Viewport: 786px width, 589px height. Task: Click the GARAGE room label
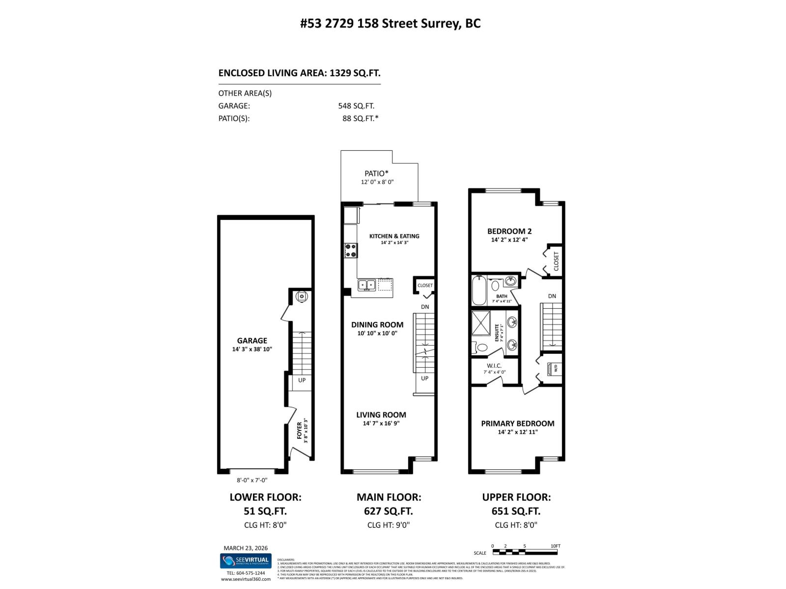(x=252, y=341)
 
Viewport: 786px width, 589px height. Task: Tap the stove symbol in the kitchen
(x=351, y=250)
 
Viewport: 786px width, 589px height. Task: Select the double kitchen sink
(x=366, y=284)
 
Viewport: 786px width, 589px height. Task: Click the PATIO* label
(x=376, y=173)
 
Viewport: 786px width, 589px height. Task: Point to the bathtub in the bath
(x=478, y=291)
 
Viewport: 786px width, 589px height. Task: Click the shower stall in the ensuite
(x=481, y=322)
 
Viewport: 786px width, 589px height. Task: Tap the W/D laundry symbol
(x=554, y=368)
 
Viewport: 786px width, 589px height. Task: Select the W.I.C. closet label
(x=494, y=366)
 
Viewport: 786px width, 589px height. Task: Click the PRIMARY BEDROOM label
(x=517, y=424)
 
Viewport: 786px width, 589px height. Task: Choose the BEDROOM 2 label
(x=509, y=231)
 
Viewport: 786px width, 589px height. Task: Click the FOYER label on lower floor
(x=300, y=430)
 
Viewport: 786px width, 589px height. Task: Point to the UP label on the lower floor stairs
(x=302, y=380)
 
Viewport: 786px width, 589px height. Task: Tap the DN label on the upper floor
(x=552, y=296)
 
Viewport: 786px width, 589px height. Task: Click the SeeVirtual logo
(x=245, y=560)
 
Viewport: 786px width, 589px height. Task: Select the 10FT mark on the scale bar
(x=555, y=546)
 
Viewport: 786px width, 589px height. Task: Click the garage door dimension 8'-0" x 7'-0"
(x=252, y=481)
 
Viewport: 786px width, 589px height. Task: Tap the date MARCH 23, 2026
(x=245, y=548)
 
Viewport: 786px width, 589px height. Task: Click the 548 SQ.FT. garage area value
(x=356, y=106)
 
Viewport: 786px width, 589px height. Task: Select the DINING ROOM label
(x=377, y=324)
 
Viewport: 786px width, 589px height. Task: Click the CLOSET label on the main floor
(x=425, y=285)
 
